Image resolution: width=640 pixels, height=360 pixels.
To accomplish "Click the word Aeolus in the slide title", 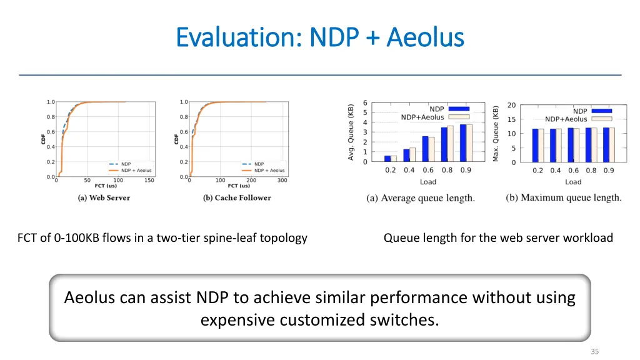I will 425,37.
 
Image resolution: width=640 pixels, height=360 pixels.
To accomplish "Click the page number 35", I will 594,351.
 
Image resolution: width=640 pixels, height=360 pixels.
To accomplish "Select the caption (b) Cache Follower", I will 237,197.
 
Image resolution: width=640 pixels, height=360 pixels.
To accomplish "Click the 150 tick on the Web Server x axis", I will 149,180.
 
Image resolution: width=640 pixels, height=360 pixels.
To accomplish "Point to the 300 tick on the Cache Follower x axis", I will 282,180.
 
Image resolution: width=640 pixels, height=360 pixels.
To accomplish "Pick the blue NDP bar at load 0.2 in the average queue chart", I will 387,159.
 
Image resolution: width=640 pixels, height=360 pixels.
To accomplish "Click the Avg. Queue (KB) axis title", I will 351,132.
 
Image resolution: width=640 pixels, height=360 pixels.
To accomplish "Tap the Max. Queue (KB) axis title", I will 496,133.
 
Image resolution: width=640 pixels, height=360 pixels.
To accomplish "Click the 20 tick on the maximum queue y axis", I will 511,105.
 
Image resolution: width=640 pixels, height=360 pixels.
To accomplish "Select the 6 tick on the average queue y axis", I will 365,104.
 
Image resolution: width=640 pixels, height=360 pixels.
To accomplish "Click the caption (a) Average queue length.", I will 421,198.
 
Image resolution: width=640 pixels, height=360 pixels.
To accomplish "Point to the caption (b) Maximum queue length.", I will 564,197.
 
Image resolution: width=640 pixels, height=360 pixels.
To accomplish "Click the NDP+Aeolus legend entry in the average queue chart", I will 422,117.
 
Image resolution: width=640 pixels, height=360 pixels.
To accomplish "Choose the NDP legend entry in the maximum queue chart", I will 580,111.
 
